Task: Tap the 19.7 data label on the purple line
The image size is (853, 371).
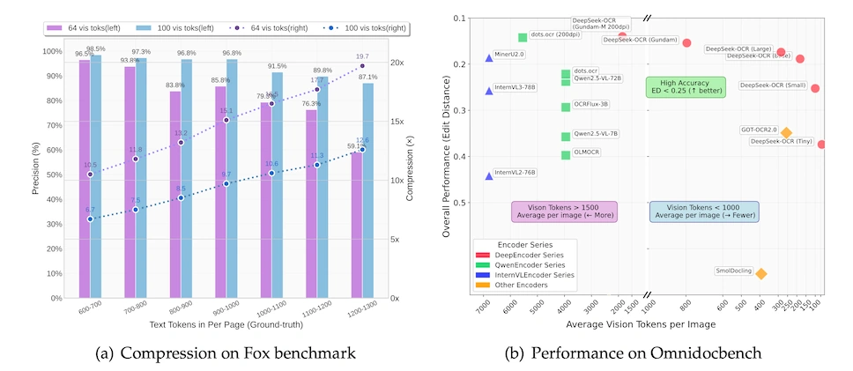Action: pyautogui.click(x=362, y=57)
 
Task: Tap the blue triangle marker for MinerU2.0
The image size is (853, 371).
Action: pyautogui.click(x=489, y=58)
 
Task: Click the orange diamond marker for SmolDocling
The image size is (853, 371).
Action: pyautogui.click(x=760, y=273)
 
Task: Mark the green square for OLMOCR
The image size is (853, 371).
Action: pyautogui.click(x=566, y=155)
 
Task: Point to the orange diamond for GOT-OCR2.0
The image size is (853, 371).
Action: pyautogui.click(x=786, y=133)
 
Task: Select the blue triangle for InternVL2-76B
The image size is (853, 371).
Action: pyautogui.click(x=489, y=176)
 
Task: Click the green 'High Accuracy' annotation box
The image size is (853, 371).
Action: pyautogui.click(x=686, y=86)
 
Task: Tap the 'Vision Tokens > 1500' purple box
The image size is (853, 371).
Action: pyautogui.click(x=565, y=211)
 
